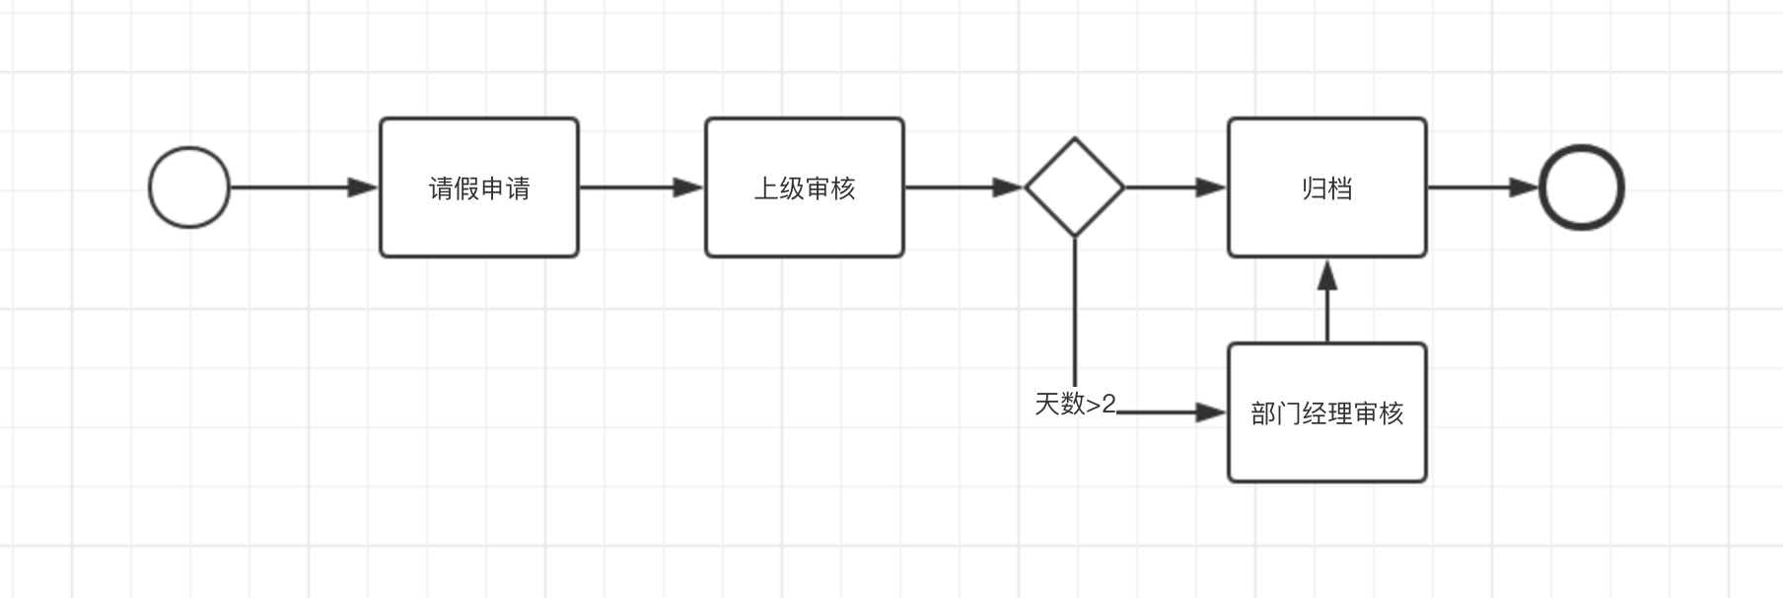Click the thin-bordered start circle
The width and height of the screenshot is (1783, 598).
coord(189,187)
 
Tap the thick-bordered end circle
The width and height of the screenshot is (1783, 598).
coord(1582,187)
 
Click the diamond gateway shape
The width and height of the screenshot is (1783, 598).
coord(1075,187)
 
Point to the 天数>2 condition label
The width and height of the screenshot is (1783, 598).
coord(1075,404)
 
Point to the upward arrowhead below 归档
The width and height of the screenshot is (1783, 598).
coord(1327,275)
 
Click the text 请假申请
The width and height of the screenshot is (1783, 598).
coord(479,188)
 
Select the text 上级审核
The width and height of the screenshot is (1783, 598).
coord(805,188)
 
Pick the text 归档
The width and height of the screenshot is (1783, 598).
coord(1327,188)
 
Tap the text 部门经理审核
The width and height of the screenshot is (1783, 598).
coord(1327,413)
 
